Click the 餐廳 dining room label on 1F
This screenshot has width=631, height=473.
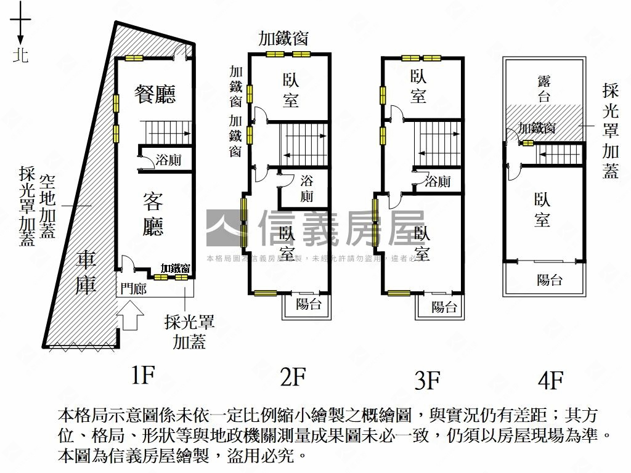click(155, 94)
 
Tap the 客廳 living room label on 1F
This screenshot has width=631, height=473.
click(153, 214)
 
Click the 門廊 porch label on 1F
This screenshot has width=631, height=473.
click(133, 288)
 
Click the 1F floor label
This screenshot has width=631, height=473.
click(142, 374)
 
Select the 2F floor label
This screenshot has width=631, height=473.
click(293, 376)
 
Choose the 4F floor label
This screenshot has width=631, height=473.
click(550, 381)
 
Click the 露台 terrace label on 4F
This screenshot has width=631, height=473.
click(543, 87)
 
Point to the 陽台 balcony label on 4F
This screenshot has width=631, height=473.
click(550, 280)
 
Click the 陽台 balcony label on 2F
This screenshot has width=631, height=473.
click(308, 303)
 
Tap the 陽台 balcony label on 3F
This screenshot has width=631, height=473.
click(444, 306)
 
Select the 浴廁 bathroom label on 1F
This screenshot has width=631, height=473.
click(168, 160)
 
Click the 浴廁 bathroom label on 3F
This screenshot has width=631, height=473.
click(438, 181)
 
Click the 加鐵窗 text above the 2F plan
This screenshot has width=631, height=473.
click(283, 38)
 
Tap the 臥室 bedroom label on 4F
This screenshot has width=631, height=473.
click(542, 209)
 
